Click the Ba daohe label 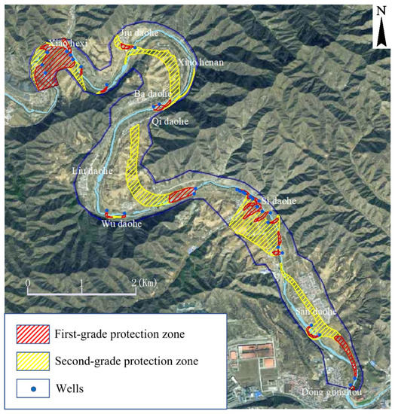coord(149,94)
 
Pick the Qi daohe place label coord(170,120)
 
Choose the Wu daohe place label coord(121,224)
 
